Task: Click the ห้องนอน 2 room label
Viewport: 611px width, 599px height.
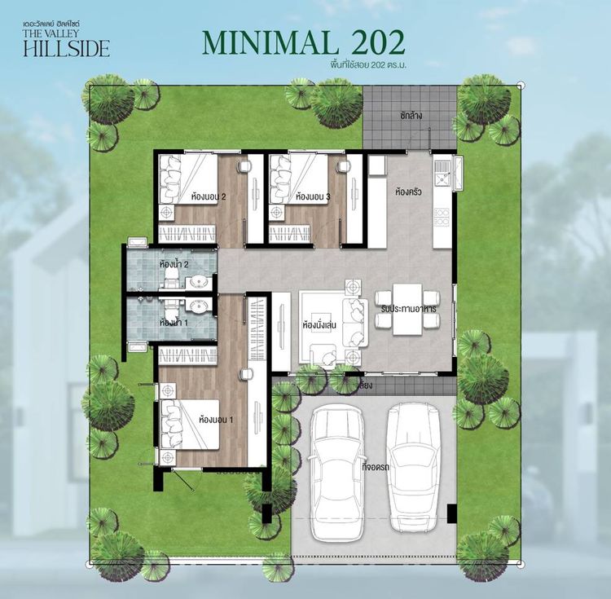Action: click(209, 196)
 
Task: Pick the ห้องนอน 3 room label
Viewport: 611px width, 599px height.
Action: click(313, 196)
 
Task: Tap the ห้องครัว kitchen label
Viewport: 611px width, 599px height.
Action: click(407, 194)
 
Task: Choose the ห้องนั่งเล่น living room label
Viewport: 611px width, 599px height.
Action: click(320, 325)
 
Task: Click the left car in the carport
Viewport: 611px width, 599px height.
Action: click(337, 468)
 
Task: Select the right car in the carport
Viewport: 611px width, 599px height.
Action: click(413, 468)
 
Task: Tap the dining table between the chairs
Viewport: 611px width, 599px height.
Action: click(407, 310)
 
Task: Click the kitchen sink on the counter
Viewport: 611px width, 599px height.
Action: click(442, 172)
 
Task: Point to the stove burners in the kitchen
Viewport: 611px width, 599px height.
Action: click(442, 218)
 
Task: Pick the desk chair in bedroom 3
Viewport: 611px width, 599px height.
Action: click(343, 166)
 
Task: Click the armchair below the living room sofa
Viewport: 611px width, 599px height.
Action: click(324, 355)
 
